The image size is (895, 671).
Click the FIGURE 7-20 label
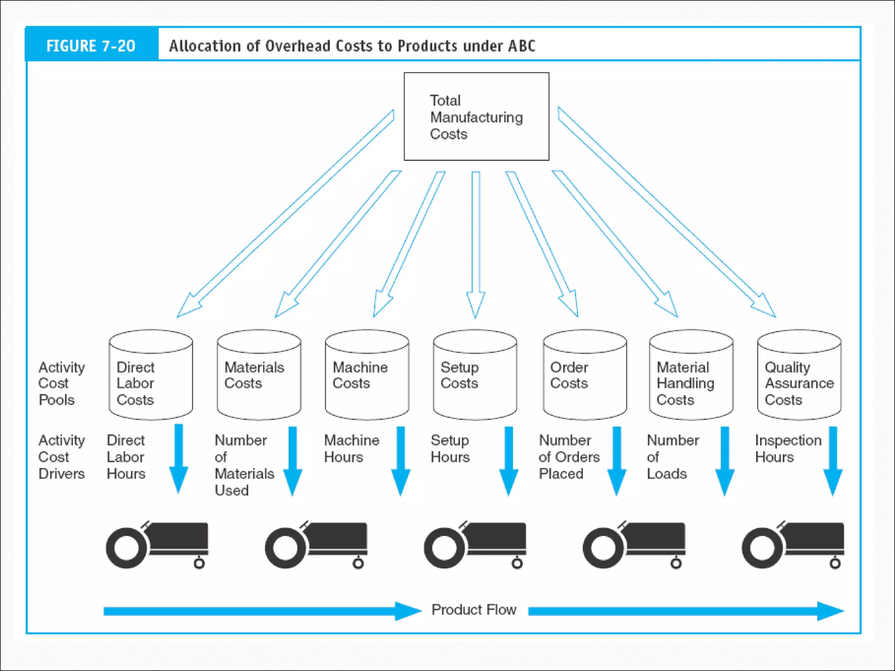[91, 46]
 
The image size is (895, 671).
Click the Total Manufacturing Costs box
[476, 117]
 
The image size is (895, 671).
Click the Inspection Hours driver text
[787, 449]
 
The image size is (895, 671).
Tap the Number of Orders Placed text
[569, 457]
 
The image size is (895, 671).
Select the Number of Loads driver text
[672, 457]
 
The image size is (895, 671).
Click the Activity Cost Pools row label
[61, 384]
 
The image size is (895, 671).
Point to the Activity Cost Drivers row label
[61, 457]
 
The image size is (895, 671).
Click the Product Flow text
[474, 610]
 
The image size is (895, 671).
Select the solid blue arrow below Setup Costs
[509, 461]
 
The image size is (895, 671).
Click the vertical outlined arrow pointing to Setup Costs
[475, 245]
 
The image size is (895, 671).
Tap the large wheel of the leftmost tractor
[127, 548]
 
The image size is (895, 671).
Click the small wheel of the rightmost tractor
[835, 564]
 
